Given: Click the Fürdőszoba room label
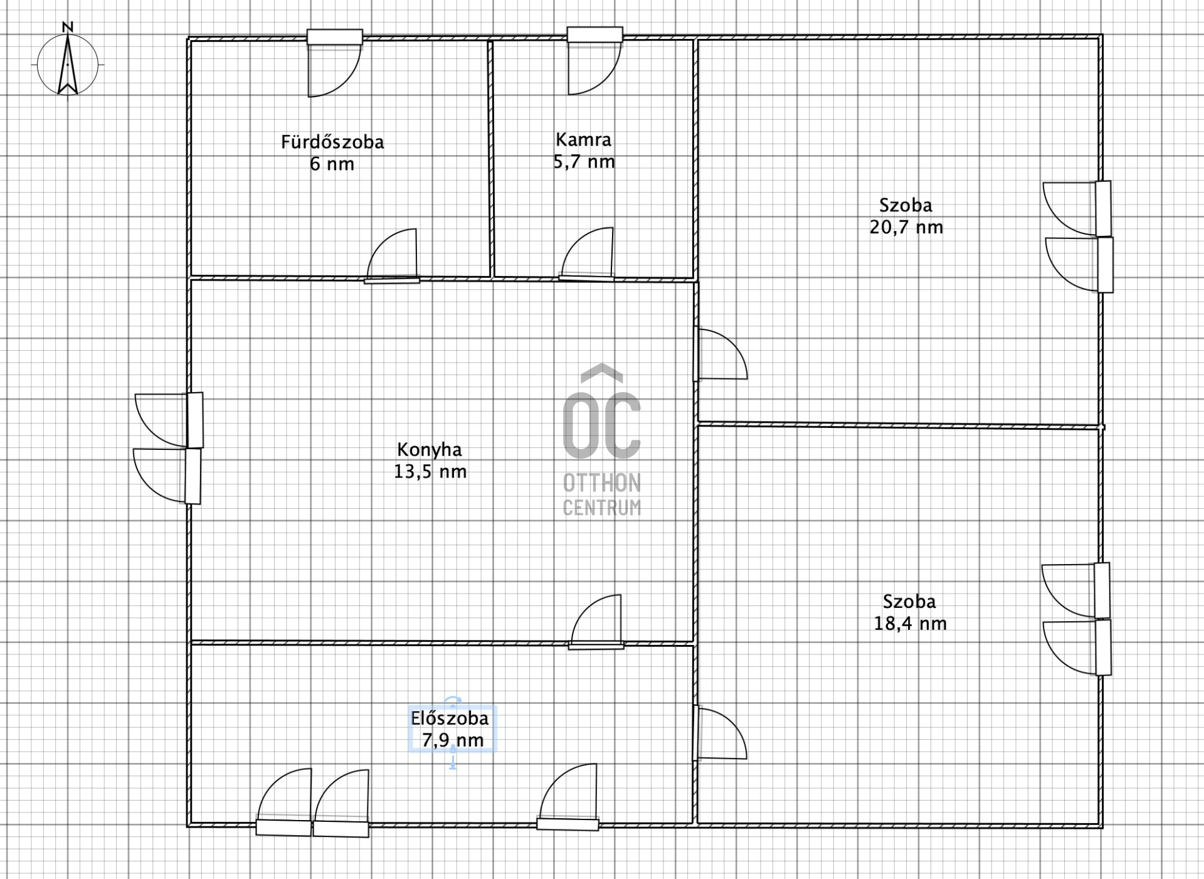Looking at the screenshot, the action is [332, 142].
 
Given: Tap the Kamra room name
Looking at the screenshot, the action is [583, 139].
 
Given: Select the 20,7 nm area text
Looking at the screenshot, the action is [906, 227].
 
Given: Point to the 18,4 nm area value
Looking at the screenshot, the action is [911, 624].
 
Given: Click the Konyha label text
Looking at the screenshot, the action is [430, 449].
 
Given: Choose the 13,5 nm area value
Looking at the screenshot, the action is [430, 471].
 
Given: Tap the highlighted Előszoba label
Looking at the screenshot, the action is [450, 718].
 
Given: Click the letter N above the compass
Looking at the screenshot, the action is [68, 27].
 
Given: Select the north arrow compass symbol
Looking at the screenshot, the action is [68, 65].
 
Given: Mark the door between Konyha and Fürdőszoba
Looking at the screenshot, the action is [392, 256].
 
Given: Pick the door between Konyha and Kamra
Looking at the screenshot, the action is [587, 254].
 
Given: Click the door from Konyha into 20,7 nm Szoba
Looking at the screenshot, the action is [721, 354].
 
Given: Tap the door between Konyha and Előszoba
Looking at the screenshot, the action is [596, 622].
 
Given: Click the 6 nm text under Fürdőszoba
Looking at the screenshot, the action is [332, 164].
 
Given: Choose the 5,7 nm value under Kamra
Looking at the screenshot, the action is [584, 162].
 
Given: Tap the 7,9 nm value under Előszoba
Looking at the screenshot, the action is [453, 740].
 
